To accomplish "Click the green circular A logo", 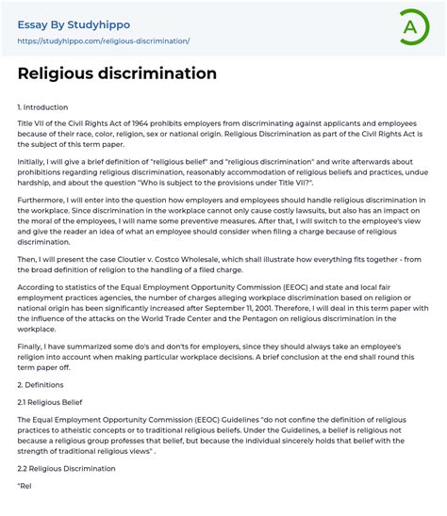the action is coord(413,25).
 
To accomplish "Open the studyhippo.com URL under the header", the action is coord(104,41).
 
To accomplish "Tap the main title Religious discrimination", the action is coord(117,73).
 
